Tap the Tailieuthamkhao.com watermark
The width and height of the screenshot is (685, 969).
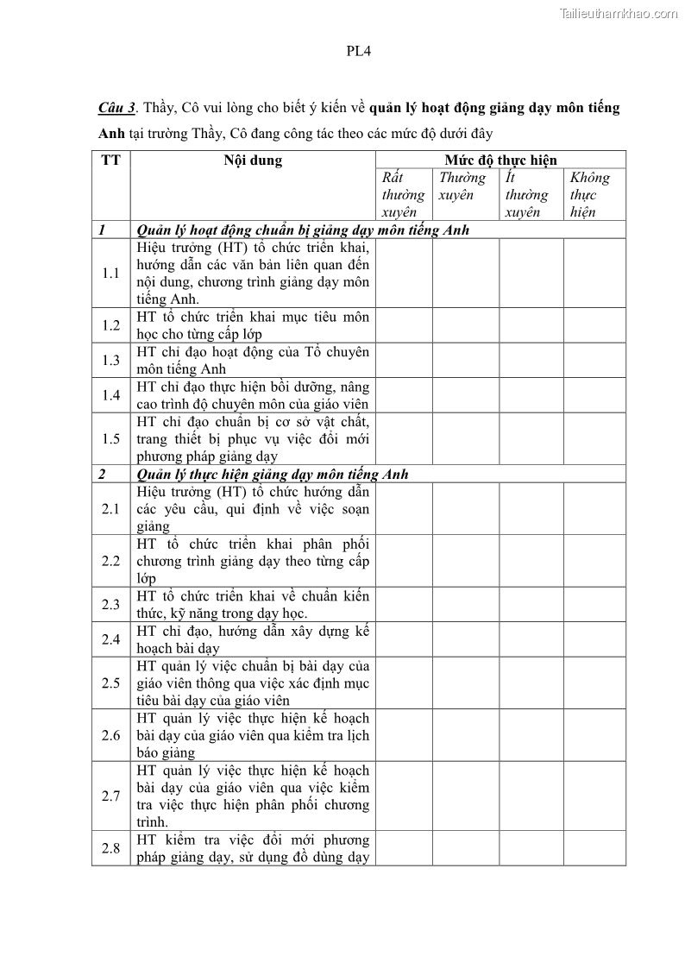coord(619,13)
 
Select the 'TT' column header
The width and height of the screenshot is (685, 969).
coord(110,160)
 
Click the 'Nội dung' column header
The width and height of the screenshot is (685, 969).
coord(253,160)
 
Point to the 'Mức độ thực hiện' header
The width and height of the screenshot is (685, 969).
coord(500,160)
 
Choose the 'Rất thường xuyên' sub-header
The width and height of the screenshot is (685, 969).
coord(403,195)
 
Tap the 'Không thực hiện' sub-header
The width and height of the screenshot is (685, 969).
coord(594,195)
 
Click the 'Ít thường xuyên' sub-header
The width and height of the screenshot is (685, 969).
coord(531,195)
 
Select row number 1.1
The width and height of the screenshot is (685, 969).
coord(110,274)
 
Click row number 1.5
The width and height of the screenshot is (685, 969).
coord(110,438)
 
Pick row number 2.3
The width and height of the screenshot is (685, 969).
coord(110,604)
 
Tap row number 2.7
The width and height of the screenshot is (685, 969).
coord(110,796)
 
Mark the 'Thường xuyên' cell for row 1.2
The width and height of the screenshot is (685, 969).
coord(466,325)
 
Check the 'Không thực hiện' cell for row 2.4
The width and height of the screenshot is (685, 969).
coord(594,639)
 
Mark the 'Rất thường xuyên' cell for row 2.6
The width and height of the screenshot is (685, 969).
coord(404,735)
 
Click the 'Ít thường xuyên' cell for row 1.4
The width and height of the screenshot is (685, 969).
coord(531,395)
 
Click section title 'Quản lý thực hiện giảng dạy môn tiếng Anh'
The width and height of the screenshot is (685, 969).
coord(273,474)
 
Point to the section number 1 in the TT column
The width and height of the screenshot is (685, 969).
coord(102,230)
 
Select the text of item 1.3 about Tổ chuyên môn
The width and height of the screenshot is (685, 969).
coord(253,361)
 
